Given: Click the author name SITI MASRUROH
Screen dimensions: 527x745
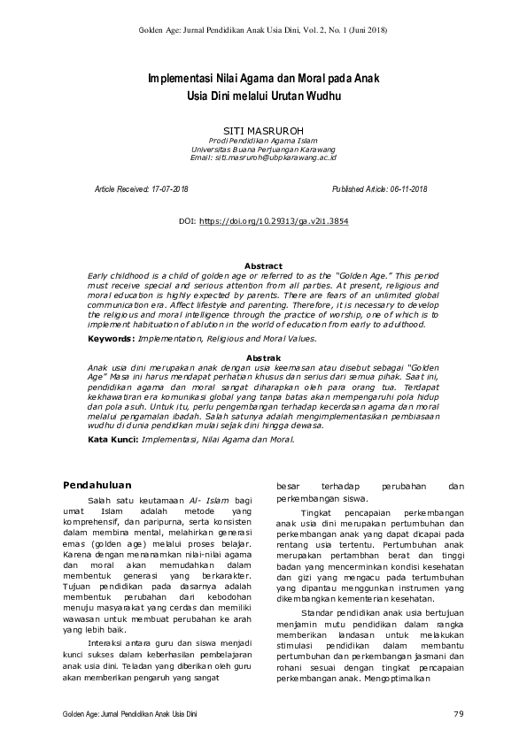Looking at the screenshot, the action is pyautogui.click(x=263, y=128).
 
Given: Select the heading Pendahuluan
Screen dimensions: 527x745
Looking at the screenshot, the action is pyautogui.click(x=98, y=485).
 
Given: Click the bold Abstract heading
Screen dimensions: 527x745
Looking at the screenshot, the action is pyautogui.click(x=263, y=266).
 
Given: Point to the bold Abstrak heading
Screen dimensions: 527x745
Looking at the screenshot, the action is pyautogui.click(x=263, y=356).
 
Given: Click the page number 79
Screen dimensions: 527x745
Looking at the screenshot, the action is pyautogui.click(x=458, y=713).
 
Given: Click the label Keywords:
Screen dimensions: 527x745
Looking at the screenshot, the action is pyautogui.click(x=112, y=338).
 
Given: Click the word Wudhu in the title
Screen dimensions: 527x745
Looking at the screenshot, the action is pyautogui.click(x=321, y=96).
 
